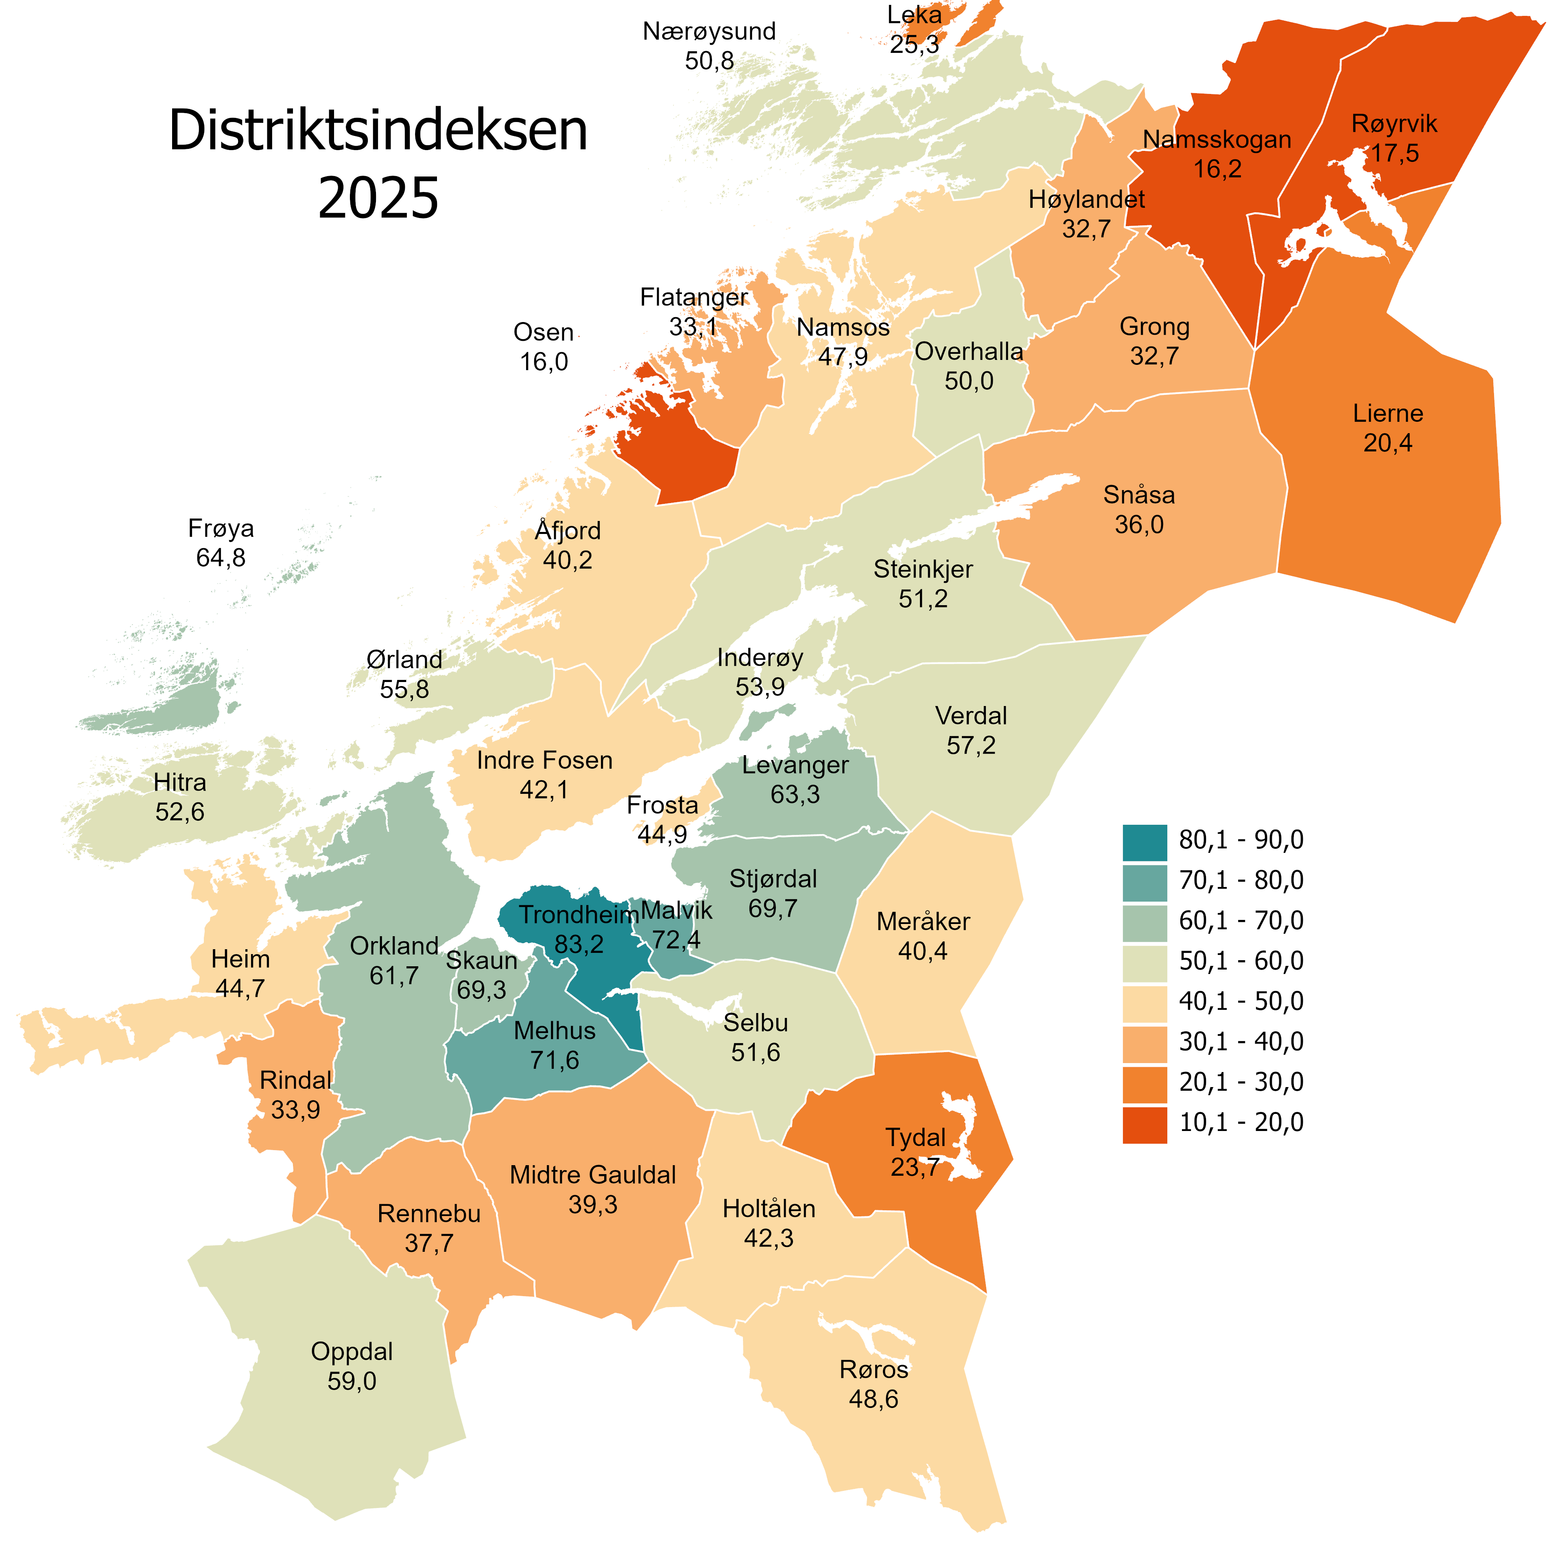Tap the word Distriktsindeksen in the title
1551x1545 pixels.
(378, 130)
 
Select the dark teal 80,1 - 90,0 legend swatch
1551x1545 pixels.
(1144, 842)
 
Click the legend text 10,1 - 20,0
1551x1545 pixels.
(1240, 1122)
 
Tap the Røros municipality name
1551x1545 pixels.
(874, 1369)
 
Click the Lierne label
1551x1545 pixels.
(1387, 413)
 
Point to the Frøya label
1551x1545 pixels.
(221, 528)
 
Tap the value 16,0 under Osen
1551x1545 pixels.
(544, 362)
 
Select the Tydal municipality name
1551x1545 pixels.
(915, 1137)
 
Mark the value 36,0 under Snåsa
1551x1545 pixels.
(1138, 525)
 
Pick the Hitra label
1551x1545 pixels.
(180, 782)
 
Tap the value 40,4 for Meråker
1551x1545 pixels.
(922, 951)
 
